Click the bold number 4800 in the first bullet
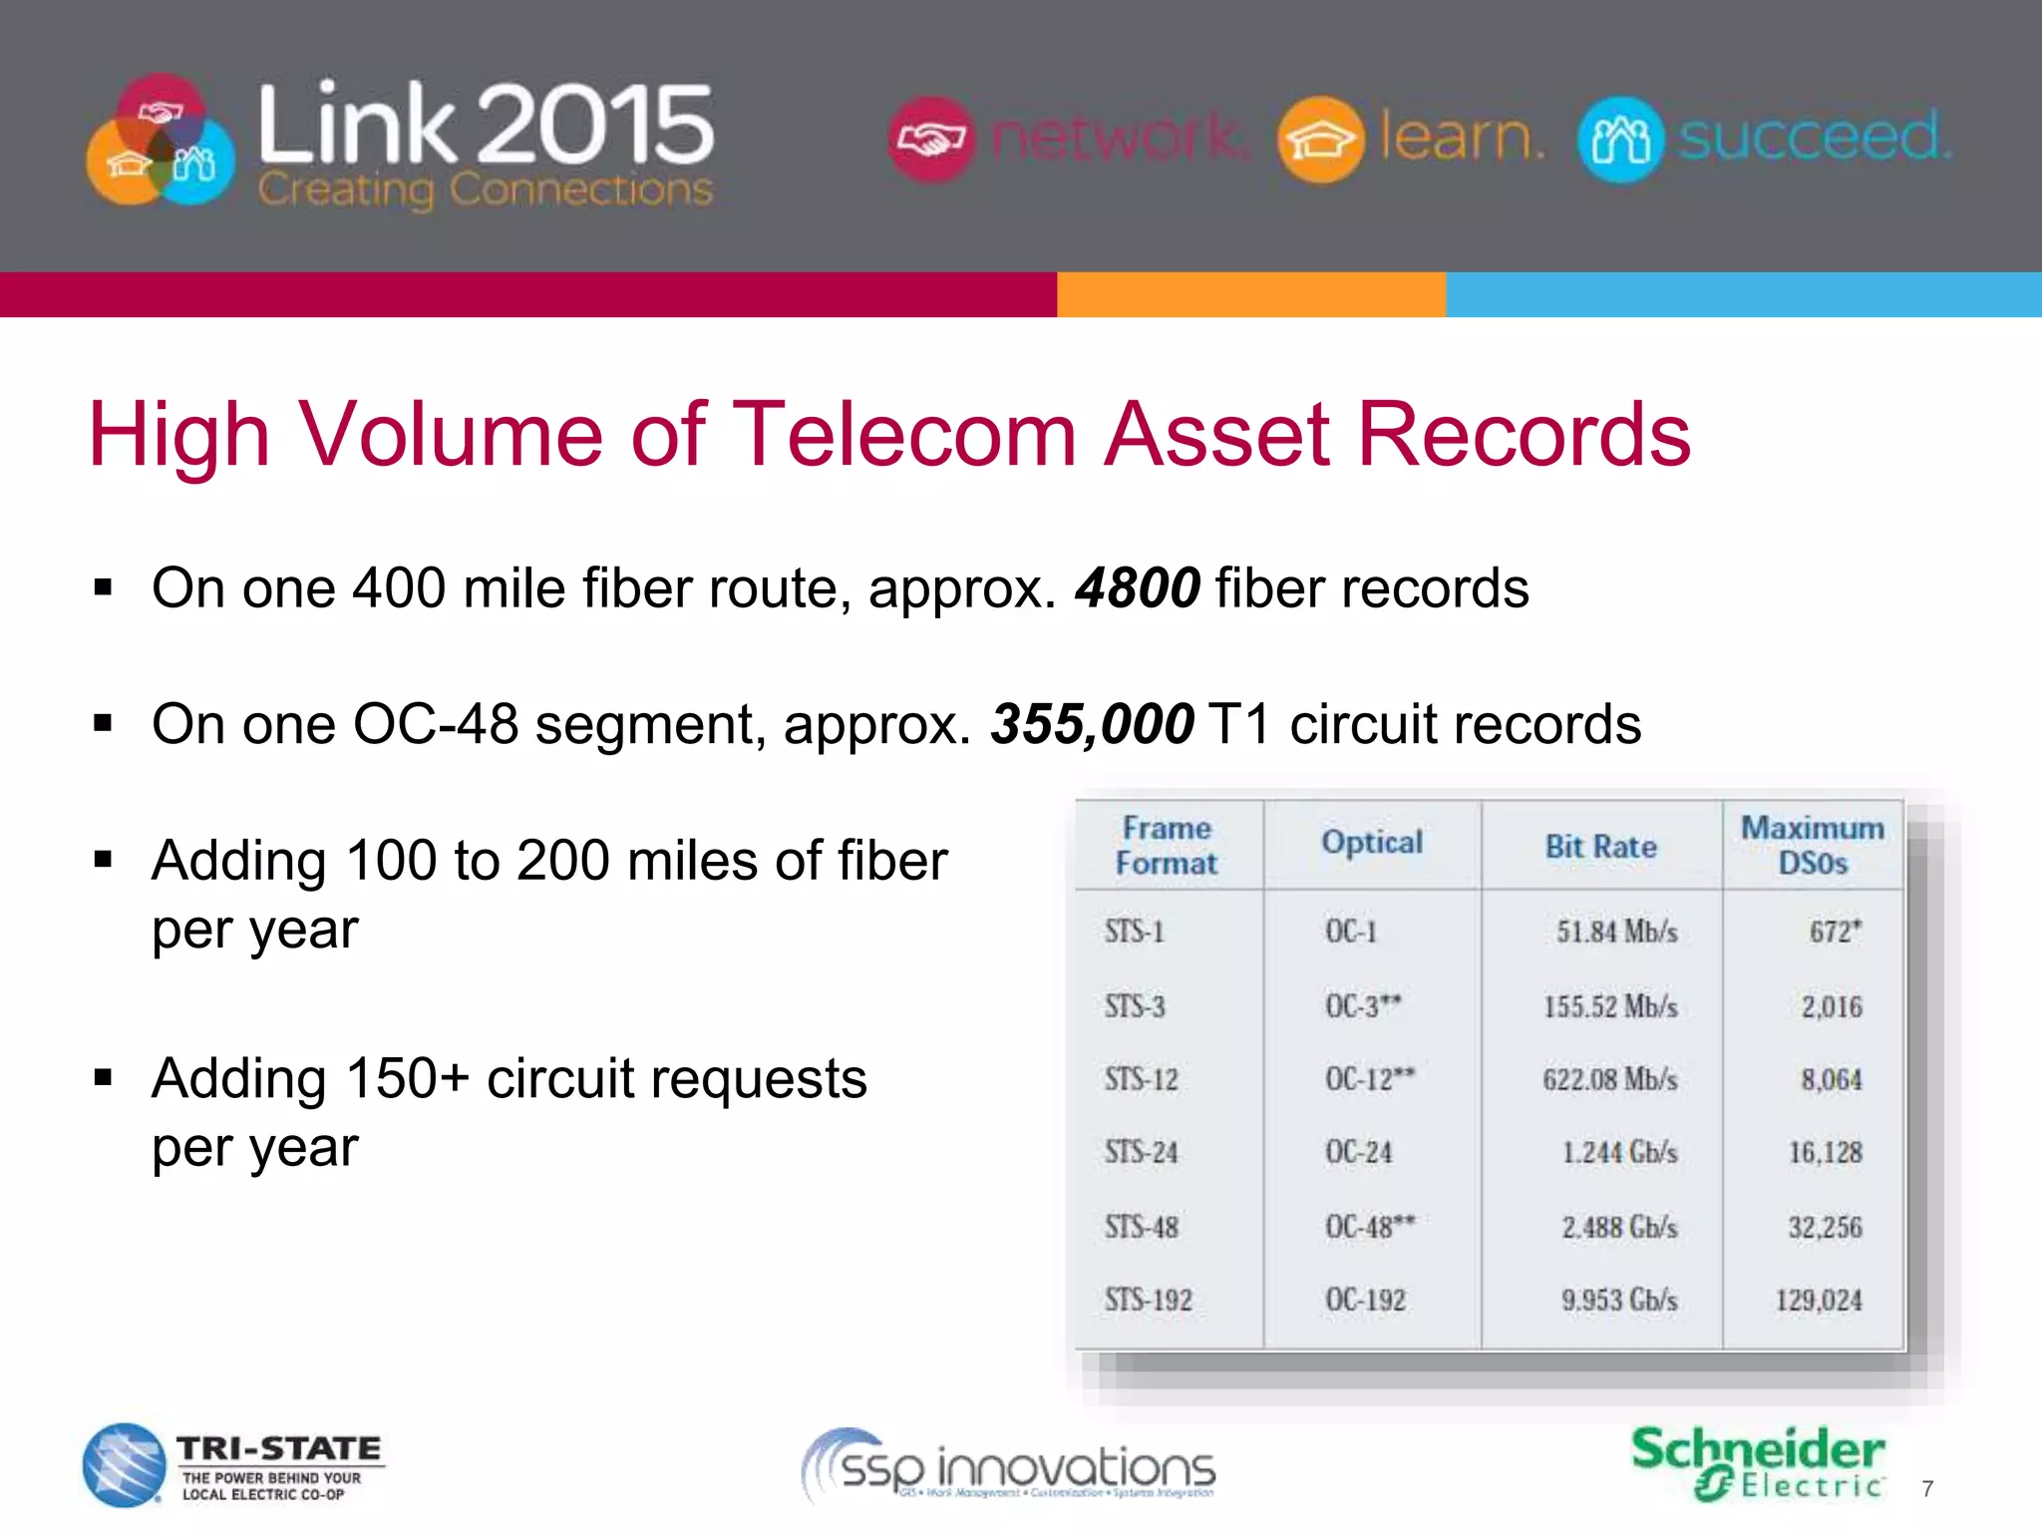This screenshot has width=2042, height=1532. (1138, 587)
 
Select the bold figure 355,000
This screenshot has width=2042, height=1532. (1092, 723)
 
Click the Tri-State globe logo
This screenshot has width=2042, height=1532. (124, 1464)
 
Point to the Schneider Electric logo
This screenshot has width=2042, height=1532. (1757, 1462)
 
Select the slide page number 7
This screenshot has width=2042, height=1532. (1927, 1489)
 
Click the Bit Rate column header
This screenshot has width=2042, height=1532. (1600, 847)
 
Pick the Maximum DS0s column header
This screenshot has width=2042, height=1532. (1812, 845)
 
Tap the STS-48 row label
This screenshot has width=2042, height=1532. (1141, 1226)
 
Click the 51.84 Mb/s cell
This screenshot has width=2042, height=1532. (1616, 932)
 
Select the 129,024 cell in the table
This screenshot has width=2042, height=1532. (1818, 1300)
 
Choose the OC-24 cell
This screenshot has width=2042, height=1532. (1358, 1152)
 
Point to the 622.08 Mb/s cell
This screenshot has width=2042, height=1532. (1609, 1079)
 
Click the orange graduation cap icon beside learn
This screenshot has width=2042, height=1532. (1319, 140)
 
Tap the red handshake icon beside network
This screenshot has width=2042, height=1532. (930, 140)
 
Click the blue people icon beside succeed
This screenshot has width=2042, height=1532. (1620, 140)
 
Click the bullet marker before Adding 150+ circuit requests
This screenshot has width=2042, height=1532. (103, 1078)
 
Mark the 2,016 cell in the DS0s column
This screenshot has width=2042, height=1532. (1831, 1006)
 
